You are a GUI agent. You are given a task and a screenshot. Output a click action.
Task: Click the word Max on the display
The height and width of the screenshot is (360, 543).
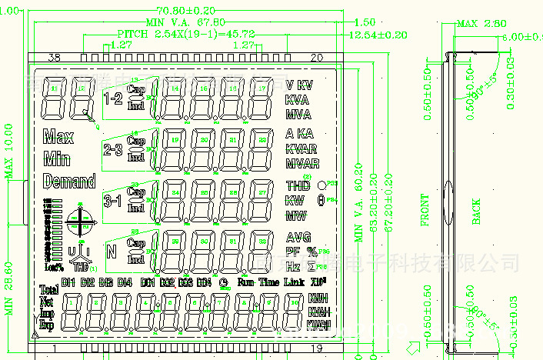click(59, 138)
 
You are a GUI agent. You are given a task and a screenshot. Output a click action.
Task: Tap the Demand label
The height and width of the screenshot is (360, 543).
click(69, 182)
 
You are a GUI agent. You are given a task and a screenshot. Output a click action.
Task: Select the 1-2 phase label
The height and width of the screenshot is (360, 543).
click(113, 98)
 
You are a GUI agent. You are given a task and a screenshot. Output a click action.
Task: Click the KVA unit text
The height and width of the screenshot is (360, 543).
click(298, 99)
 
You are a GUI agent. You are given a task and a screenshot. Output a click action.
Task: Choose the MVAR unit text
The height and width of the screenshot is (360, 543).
click(301, 163)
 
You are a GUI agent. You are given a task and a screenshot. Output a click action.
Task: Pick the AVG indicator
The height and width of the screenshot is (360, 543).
click(298, 237)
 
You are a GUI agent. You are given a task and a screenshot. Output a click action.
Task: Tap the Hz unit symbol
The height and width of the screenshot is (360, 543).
click(293, 266)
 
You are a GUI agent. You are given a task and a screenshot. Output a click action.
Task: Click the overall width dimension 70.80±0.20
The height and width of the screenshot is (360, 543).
click(185, 10)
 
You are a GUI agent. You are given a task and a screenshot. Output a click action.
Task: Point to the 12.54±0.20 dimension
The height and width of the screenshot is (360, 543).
click(378, 35)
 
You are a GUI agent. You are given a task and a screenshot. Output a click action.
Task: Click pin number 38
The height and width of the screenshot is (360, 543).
click(55, 58)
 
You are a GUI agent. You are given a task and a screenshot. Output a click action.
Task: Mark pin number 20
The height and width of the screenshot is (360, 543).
click(316, 58)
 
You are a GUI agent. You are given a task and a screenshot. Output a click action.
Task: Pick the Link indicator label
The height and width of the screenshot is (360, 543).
click(295, 282)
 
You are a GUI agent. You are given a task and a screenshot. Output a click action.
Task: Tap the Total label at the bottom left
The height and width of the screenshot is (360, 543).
click(49, 290)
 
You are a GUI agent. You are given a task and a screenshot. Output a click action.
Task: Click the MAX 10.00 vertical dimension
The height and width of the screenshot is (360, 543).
click(9, 151)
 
